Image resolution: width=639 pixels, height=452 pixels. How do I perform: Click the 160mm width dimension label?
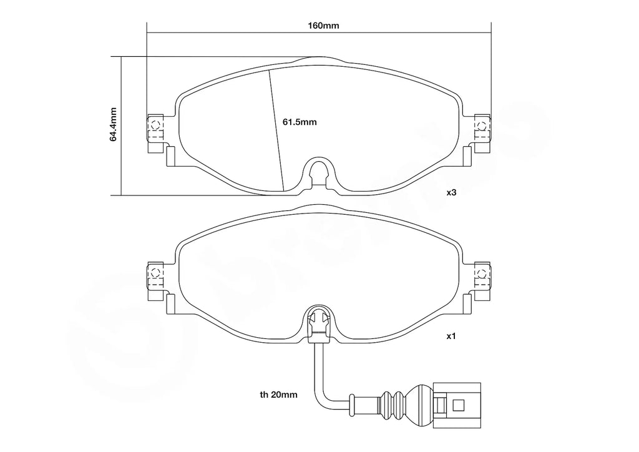pyautogui.click(x=323, y=26)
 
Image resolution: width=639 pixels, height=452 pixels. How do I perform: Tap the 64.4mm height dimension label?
pyautogui.click(x=114, y=125)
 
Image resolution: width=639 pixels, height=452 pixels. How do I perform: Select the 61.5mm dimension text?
pyautogui.click(x=300, y=122)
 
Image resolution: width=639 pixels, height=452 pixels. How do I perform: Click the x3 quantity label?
pyautogui.click(x=451, y=192)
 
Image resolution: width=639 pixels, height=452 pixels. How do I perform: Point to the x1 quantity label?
pyautogui.click(x=451, y=337)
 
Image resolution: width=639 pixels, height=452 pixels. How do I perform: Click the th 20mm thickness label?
pyautogui.click(x=279, y=395)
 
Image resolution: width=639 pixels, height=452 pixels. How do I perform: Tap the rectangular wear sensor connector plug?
pyautogui.click(x=457, y=406)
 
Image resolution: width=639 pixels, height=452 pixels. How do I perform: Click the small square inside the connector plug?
pyautogui.click(x=459, y=405)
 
